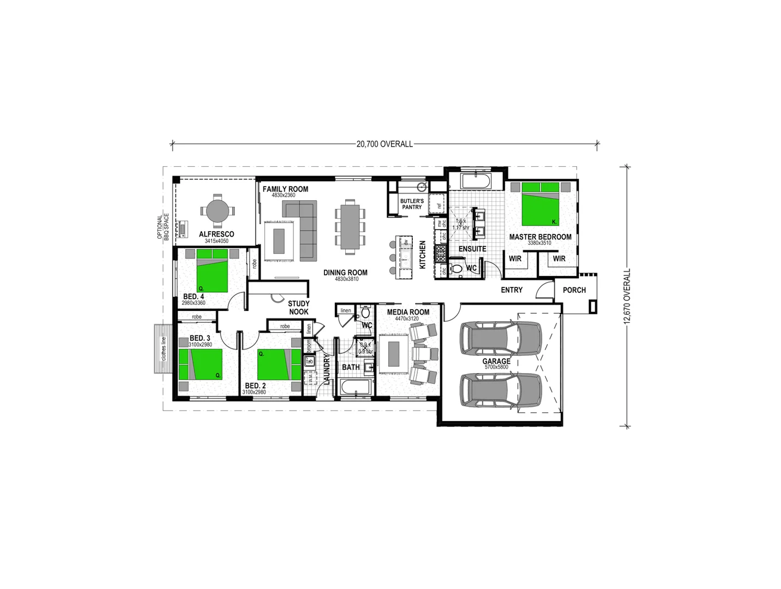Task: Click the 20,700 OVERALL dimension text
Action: click(x=384, y=144)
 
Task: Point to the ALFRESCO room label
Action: click(x=216, y=234)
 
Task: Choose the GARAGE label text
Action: click(x=496, y=361)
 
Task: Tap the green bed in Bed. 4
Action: click(x=212, y=271)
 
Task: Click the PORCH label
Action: click(x=574, y=290)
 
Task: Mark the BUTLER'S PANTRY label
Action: click(x=412, y=204)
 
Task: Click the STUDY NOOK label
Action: click(x=299, y=308)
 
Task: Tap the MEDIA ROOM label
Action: click(x=408, y=312)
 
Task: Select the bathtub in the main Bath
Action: click(x=355, y=388)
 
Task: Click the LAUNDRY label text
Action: click(x=327, y=369)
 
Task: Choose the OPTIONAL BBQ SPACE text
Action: click(x=163, y=228)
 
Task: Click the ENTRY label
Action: click(x=511, y=290)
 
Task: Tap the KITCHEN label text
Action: click(x=422, y=255)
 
